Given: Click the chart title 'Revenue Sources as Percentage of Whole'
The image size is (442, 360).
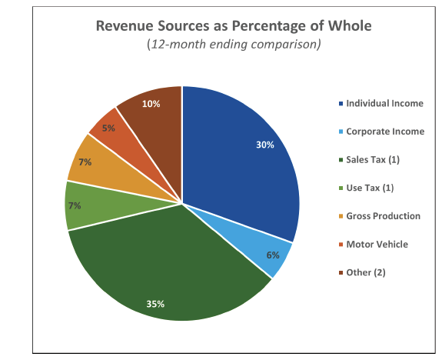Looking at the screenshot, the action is click(x=234, y=26).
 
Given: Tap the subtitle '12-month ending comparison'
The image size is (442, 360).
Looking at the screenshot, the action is click(x=234, y=45).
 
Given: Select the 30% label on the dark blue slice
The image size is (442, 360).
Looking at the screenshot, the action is click(x=265, y=145).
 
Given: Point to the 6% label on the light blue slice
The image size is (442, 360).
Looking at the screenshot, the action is click(x=273, y=255).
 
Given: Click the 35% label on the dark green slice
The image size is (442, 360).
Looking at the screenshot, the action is click(x=155, y=304).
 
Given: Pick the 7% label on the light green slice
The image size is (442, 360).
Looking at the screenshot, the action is click(x=75, y=205).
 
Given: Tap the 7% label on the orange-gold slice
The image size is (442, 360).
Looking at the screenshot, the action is click(x=85, y=162).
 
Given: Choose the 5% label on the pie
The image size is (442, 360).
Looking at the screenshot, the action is click(x=108, y=128).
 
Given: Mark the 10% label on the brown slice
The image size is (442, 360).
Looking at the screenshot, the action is click(x=151, y=104).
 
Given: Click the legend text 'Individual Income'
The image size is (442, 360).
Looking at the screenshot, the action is click(x=384, y=103).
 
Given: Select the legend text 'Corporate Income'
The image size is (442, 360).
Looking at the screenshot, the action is click(x=385, y=132).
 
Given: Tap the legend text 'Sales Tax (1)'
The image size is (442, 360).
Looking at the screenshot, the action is click(x=373, y=160).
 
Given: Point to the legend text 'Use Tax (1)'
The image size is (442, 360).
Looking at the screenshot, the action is click(x=370, y=188).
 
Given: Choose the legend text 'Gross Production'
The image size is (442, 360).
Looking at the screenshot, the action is click(x=383, y=216).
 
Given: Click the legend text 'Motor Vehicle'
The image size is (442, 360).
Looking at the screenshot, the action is click(x=377, y=245).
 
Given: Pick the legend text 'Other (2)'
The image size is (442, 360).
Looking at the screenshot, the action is click(x=366, y=272).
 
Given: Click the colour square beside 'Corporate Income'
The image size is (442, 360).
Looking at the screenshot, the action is click(x=341, y=132).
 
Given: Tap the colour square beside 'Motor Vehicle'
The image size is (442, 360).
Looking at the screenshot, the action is click(x=341, y=245).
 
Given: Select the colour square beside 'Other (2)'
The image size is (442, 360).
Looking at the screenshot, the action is click(x=341, y=273).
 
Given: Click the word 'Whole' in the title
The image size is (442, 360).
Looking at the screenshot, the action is click(x=350, y=26).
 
